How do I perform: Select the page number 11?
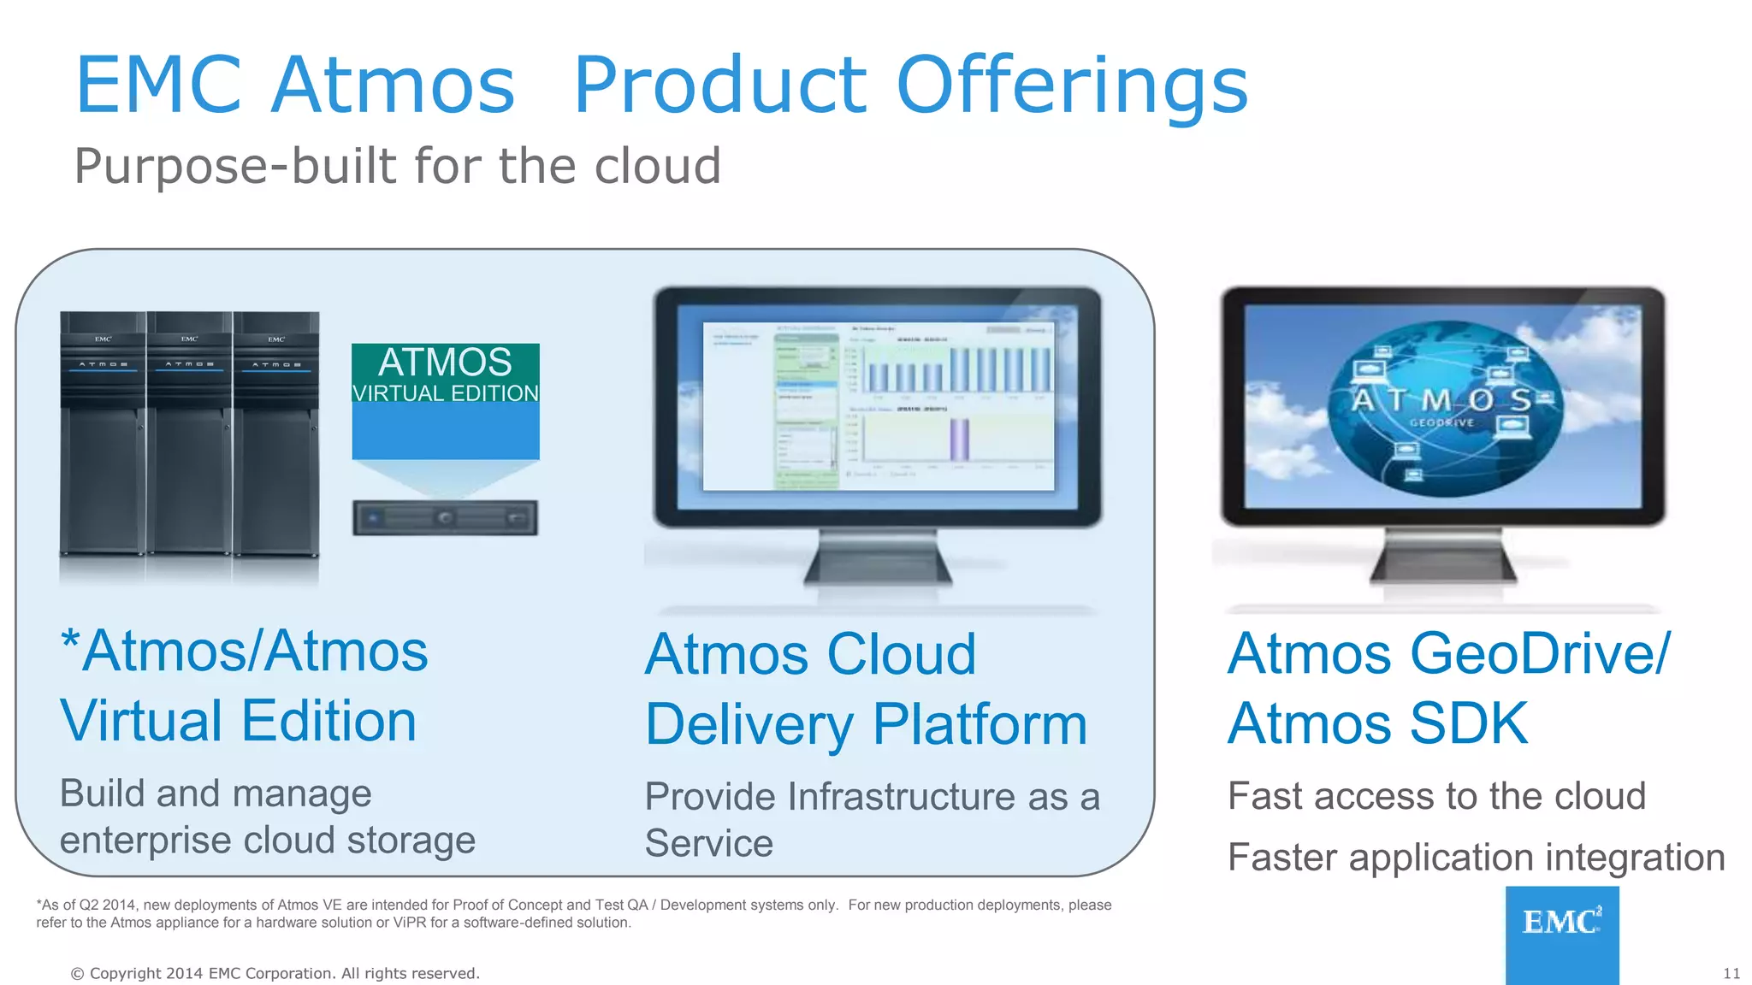pyautogui.click(x=1731, y=974)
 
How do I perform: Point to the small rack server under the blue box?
pyautogui.click(x=445, y=518)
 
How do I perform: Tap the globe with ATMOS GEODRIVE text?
pyautogui.click(x=1444, y=408)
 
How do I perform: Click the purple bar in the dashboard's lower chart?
pyautogui.click(x=959, y=439)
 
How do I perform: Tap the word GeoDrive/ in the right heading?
pyautogui.click(x=1539, y=654)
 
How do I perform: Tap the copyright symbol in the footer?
pyautogui.click(x=77, y=974)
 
